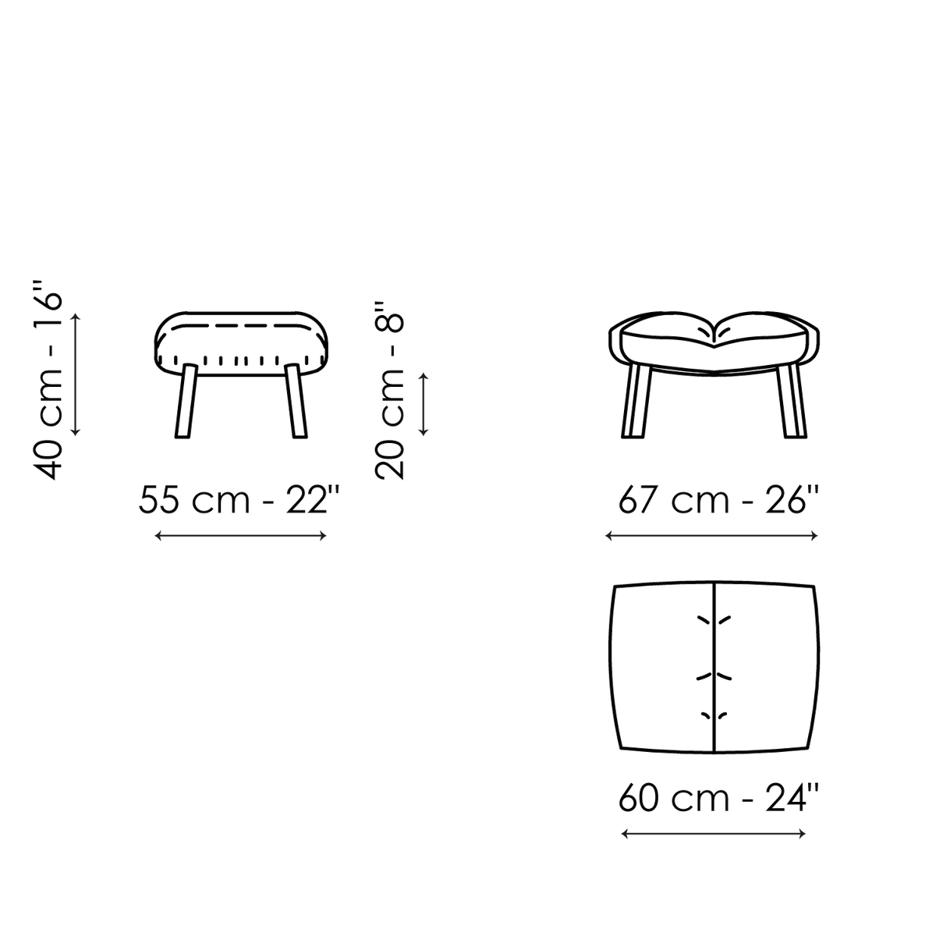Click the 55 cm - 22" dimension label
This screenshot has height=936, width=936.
pos(238,499)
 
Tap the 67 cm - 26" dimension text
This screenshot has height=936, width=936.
pos(718,499)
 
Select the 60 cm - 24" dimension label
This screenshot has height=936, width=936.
pos(718,797)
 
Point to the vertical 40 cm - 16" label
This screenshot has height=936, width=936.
pos(48,381)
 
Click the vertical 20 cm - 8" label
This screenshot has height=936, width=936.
pos(389,391)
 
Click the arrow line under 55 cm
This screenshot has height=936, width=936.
pos(240,536)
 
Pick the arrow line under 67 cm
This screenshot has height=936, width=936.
pos(711,536)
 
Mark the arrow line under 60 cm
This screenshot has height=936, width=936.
pos(714,834)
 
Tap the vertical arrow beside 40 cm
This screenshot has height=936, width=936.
pos(76,374)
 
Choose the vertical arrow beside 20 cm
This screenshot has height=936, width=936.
pos(424,404)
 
